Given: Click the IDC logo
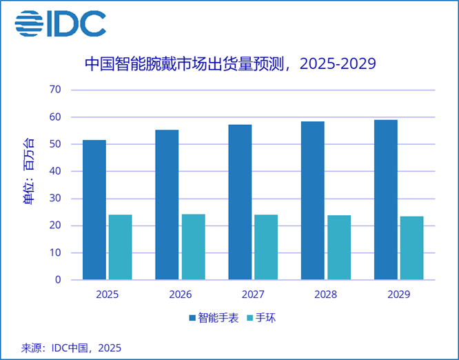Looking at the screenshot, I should (60, 23).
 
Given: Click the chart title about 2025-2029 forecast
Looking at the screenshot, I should (229, 64).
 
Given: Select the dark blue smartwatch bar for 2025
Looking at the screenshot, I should (94, 210).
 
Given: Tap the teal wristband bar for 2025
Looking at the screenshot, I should (120, 247).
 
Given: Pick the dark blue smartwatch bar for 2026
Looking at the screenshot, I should (167, 204).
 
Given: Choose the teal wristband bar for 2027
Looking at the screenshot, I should (266, 247).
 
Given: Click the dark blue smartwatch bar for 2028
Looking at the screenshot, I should (313, 200).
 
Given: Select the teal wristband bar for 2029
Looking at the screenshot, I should (412, 248).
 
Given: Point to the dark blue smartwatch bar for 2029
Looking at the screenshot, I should (386, 199).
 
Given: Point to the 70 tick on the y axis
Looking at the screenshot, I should (55, 90).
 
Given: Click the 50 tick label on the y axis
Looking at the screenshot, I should (55, 144).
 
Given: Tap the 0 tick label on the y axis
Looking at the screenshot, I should (58, 280).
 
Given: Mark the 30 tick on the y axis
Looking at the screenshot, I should (55, 199).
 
